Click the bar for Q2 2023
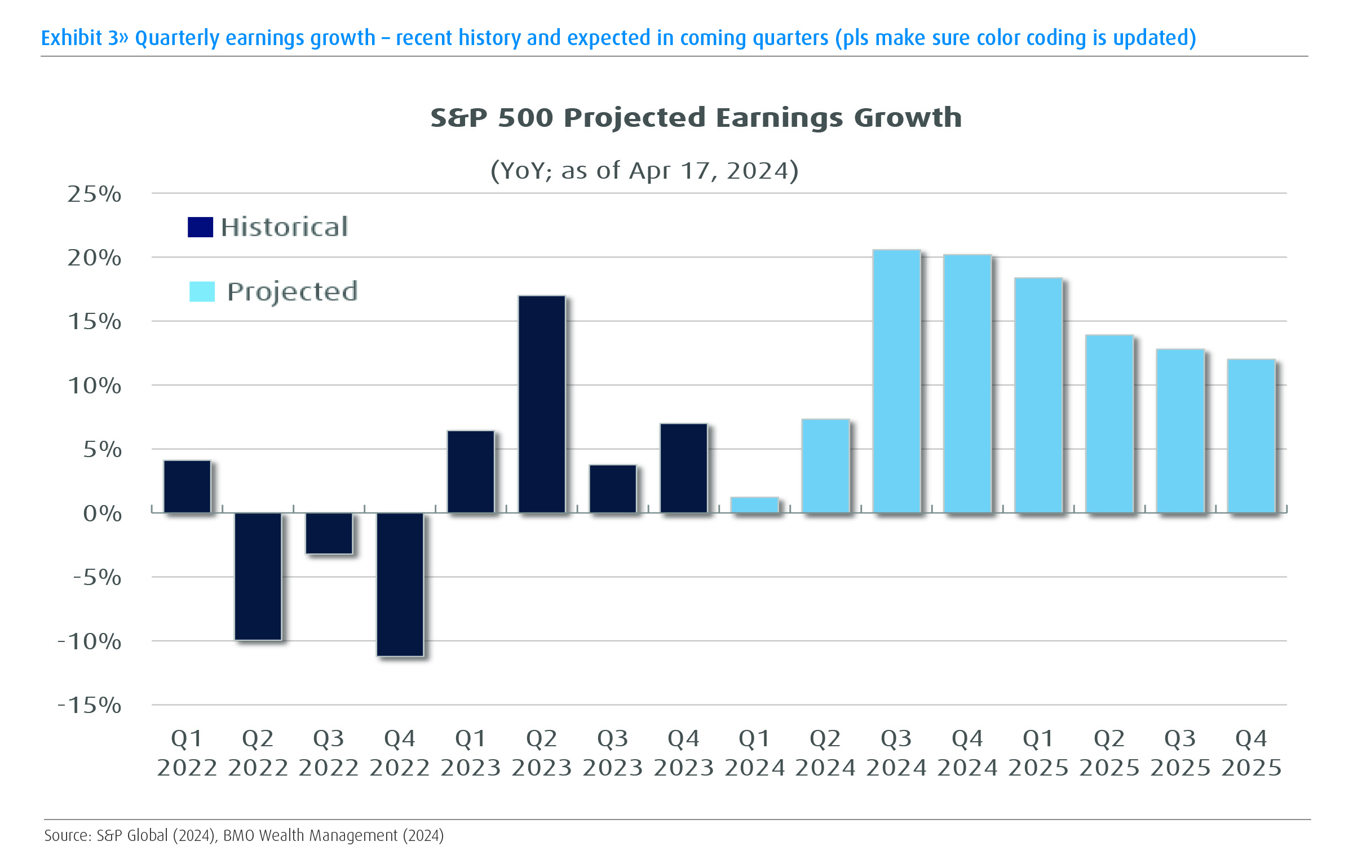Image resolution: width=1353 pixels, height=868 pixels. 542,404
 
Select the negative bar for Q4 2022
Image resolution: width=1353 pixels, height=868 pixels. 400,584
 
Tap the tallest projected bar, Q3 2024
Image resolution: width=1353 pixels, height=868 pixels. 896,381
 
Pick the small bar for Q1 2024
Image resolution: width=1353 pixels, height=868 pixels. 754,505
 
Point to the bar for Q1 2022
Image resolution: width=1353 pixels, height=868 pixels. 187,486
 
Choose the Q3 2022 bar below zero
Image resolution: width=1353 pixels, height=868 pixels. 329,533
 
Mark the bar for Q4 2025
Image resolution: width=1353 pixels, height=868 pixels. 1251,436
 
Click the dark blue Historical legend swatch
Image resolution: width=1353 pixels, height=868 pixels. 200,227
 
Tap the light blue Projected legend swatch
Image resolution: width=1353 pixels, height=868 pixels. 202,291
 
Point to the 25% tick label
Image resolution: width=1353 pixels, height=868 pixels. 94,194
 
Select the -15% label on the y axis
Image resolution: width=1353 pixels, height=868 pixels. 90,705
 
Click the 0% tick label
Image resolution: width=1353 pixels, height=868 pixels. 102,513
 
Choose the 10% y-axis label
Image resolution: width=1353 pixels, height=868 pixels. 94,386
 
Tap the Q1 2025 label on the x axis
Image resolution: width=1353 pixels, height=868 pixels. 1038,753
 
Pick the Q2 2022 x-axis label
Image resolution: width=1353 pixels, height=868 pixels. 258,753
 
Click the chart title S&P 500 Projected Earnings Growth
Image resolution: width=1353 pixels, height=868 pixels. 696,118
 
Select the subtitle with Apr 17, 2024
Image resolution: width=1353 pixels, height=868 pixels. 644,170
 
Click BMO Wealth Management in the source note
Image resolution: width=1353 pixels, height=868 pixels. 310,835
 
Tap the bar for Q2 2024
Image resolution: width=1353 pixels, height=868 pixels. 825,466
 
